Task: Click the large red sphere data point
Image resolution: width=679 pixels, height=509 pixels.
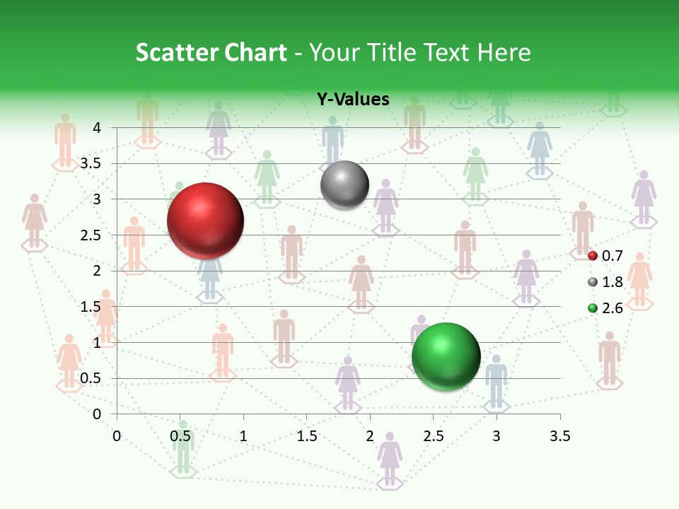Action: click(206, 221)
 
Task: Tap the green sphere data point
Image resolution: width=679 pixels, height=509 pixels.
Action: click(446, 356)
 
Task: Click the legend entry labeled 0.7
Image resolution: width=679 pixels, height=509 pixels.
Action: click(605, 255)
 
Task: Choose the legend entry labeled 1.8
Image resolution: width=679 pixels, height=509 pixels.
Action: click(605, 282)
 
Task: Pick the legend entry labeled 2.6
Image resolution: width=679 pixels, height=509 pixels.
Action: click(605, 308)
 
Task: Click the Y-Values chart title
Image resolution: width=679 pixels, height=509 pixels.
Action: click(353, 100)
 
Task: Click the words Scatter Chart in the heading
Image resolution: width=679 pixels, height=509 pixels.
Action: click(211, 52)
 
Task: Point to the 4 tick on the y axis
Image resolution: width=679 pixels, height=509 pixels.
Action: click(97, 128)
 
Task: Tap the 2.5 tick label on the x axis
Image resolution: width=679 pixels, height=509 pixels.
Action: click(433, 436)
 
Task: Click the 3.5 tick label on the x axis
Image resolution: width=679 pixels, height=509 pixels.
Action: click(559, 436)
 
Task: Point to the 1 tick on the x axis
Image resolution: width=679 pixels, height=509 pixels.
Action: click(243, 436)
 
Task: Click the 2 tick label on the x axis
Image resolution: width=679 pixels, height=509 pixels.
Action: click(370, 436)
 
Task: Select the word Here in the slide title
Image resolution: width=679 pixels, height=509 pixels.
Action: click(504, 52)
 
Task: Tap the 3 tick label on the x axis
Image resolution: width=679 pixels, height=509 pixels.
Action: click(497, 436)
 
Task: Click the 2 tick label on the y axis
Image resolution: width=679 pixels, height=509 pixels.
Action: click(97, 271)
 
